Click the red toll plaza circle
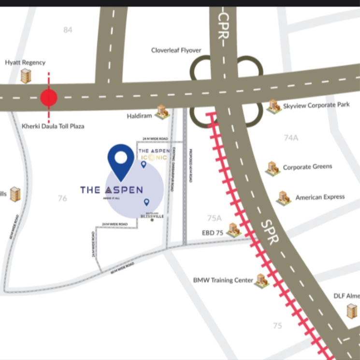(48, 98)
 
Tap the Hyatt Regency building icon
(25, 75)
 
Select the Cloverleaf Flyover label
(176, 50)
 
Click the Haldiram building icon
(162, 112)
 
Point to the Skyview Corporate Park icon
(274, 106)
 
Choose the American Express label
(320, 197)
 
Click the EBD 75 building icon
(233, 230)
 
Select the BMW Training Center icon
(261, 280)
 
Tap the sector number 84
(68, 30)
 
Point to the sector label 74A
(291, 138)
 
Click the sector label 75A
(214, 218)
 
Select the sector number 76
(62, 198)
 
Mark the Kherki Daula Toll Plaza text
(53, 126)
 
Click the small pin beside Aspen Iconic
(144, 165)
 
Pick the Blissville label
(152, 216)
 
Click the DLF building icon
(352, 311)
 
